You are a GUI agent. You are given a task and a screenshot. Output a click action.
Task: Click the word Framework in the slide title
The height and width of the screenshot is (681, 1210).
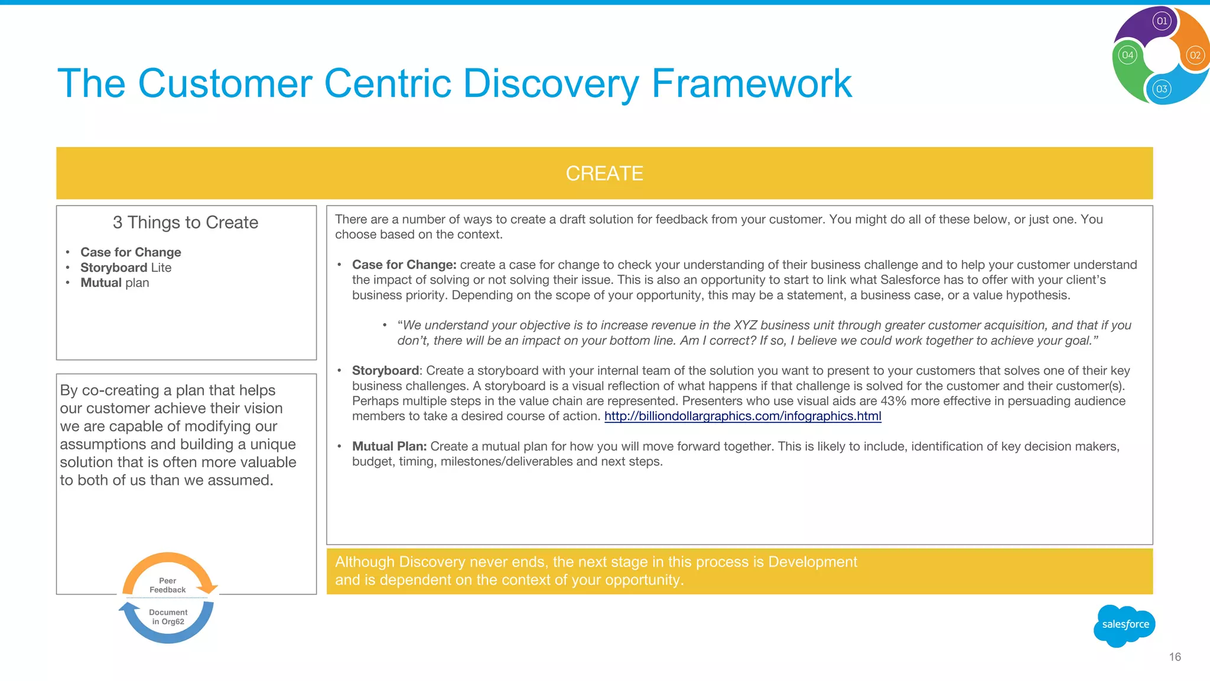[x=751, y=83]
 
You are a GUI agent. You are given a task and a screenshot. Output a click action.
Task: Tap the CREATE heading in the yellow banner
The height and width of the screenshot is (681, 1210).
[x=604, y=174]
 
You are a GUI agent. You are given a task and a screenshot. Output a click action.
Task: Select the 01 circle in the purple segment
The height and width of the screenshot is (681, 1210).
[x=1162, y=21]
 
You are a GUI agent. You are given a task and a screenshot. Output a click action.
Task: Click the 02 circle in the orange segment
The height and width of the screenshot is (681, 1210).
[x=1195, y=56]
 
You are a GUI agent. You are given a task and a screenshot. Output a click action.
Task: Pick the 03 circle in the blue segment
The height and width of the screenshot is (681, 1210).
[x=1162, y=89]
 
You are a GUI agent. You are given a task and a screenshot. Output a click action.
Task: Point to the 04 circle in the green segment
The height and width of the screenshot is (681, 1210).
[x=1127, y=56]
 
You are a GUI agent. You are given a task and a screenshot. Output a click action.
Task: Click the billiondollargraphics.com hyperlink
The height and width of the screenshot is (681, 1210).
[x=742, y=416]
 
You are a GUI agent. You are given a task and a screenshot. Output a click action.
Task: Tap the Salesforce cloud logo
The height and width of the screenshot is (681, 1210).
[x=1124, y=625]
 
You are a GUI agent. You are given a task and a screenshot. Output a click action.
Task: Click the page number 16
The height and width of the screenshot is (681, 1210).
[x=1175, y=657]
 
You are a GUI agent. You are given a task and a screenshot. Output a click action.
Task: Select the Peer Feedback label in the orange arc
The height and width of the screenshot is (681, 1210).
[x=167, y=585]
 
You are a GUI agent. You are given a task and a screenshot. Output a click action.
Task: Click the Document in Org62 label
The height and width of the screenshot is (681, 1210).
[x=168, y=617]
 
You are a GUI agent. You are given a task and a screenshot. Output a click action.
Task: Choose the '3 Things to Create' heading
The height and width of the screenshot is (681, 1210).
[x=186, y=223]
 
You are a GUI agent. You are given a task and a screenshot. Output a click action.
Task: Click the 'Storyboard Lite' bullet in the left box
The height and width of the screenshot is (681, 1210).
[x=126, y=268]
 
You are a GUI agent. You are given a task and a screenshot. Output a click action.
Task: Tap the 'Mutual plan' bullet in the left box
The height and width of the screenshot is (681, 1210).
[x=115, y=283]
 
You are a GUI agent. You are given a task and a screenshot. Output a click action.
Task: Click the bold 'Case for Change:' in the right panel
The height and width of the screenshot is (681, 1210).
[x=404, y=265]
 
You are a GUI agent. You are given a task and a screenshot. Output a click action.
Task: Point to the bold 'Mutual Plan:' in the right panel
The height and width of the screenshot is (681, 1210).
[x=389, y=447]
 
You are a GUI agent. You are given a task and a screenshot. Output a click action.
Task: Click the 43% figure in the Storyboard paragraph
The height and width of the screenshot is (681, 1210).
[x=893, y=401]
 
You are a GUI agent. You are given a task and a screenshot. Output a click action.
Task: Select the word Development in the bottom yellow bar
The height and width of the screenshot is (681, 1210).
[x=812, y=562]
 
